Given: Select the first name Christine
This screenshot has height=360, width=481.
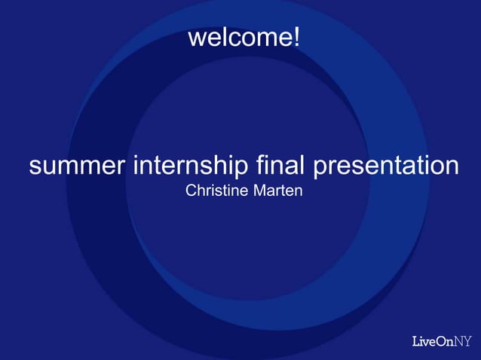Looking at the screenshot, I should tap(216, 191).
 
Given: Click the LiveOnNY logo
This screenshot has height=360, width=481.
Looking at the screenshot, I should tap(442, 341).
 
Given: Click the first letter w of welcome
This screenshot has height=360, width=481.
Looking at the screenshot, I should tap(195, 37).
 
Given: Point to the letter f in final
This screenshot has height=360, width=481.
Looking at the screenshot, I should tap(260, 164).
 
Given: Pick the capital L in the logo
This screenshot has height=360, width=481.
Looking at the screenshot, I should tap(416, 341).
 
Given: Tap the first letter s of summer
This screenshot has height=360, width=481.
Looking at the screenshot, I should tap(35, 166).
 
